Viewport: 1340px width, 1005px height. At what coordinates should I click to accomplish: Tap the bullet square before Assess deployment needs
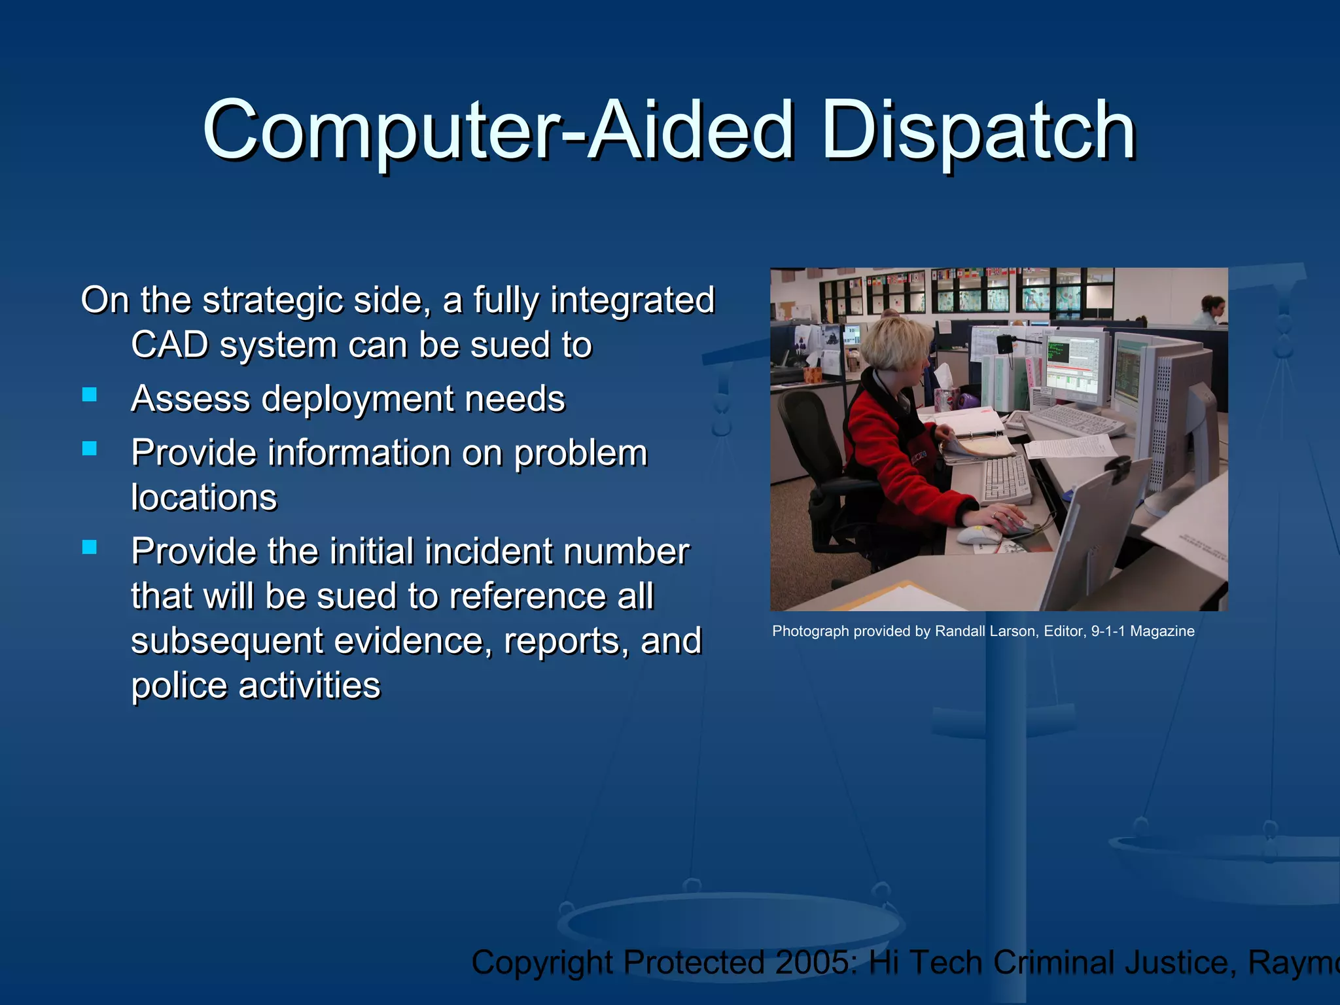(x=90, y=395)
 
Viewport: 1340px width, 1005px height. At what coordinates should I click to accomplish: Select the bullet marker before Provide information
(x=90, y=448)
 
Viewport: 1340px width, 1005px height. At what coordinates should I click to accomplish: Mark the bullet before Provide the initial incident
(x=90, y=547)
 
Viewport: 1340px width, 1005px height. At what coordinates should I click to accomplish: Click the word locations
(x=203, y=497)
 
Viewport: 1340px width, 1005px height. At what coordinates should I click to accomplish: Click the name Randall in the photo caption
(x=959, y=631)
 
